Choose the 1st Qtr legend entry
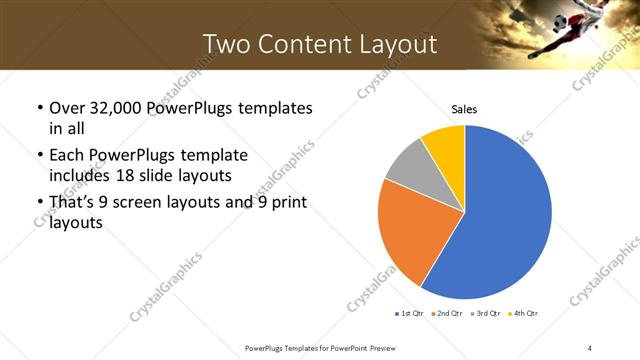(x=410, y=314)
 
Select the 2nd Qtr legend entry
(x=446, y=314)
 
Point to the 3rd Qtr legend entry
(x=484, y=314)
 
